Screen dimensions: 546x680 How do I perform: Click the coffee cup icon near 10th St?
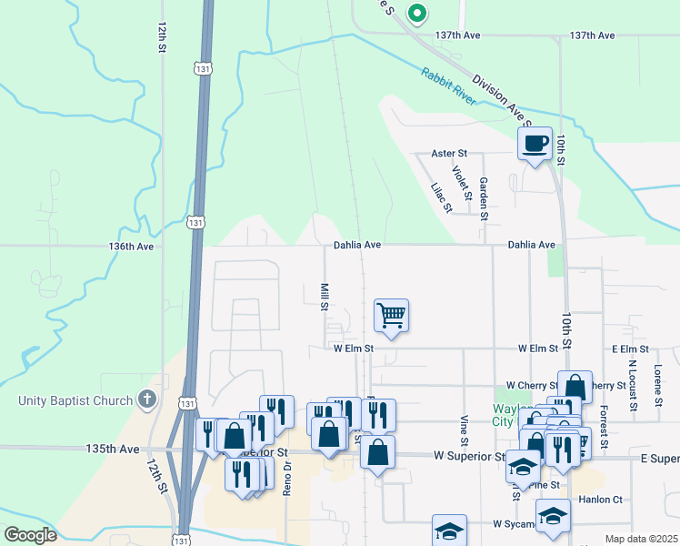pos(535,143)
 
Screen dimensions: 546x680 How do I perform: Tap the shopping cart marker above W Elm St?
pos(391,317)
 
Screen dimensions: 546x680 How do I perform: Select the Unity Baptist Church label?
pos(75,400)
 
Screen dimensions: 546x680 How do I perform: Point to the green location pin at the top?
pos(416,13)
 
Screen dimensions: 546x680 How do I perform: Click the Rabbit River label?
pos(448,86)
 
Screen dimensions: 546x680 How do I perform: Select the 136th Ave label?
pos(131,246)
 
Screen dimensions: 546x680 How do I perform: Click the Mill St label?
pos(324,296)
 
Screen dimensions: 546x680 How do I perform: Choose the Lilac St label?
pos(440,197)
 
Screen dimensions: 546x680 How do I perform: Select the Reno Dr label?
pos(286,476)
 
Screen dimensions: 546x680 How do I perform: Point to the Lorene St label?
pos(656,385)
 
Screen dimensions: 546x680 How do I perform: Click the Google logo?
pos(30,535)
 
